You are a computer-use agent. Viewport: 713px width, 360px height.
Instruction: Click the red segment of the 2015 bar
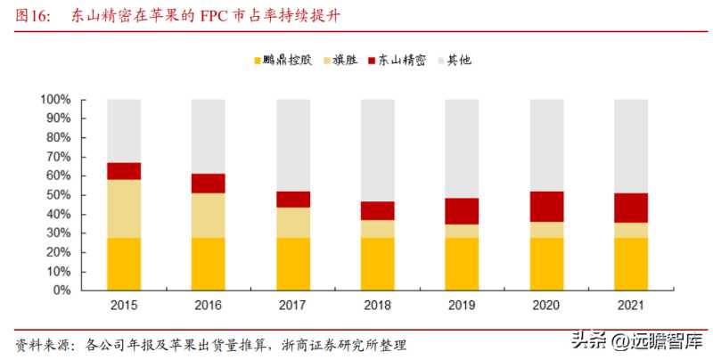point(124,171)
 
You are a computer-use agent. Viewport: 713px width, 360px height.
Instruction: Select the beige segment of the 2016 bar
point(209,215)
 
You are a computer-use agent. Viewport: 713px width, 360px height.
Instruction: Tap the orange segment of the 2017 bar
point(293,264)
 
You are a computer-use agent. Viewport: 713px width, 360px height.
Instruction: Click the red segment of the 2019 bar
point(463,210)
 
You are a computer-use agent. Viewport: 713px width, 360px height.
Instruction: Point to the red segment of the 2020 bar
point(546,206)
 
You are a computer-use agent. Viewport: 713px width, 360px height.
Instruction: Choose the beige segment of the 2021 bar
point(631,230)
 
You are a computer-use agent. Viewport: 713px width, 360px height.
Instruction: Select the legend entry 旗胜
point(346,61)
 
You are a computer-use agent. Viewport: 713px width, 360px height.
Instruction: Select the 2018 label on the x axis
point(378,306)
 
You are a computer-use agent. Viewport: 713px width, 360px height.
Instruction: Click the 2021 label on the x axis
point(631,306)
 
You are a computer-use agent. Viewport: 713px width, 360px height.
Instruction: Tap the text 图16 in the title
point(30,16)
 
